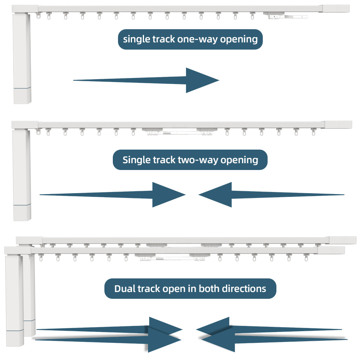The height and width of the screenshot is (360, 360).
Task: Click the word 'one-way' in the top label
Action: pos(194,39)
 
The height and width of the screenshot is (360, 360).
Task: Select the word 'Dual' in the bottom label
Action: pos(124,288)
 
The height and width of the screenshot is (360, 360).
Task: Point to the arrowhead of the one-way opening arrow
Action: pos(202,80)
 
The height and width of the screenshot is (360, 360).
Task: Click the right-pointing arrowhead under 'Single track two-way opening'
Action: pos(168,195)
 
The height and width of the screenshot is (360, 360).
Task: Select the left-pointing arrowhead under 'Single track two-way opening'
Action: pos(216,195)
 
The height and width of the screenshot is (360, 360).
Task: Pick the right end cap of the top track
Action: pos(336,9)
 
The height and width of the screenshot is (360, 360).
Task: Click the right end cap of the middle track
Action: pos(338,124)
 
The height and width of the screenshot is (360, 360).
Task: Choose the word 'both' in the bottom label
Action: pos(209,288)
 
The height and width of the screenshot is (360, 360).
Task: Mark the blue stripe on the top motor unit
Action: pos(22,87)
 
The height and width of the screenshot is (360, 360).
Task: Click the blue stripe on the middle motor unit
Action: pos(22,205)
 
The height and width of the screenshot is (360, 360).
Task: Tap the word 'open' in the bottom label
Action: pos(174,289)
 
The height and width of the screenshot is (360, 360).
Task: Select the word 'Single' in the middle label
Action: pos(136,160)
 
